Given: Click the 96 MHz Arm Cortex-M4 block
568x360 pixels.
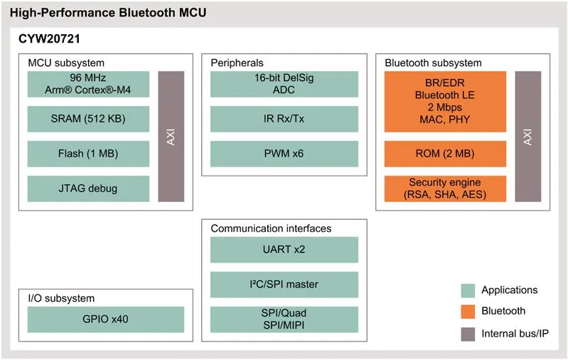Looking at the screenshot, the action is (x=88, y=84).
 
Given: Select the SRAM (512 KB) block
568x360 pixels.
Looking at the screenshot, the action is (x=88, y=119).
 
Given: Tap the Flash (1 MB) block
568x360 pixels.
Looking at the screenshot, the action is (x=88, y=154).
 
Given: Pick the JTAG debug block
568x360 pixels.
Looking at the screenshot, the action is (x=88, y=189).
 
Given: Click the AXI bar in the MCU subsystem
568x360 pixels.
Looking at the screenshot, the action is (x=171, y=137).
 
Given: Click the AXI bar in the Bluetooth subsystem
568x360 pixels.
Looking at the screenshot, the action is (x=527, y=137).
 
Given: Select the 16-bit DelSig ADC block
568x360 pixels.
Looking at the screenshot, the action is (x=284, y=84).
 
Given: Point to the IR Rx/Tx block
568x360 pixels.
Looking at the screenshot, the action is (x=284, y=119).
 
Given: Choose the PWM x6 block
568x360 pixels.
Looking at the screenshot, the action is (x=284, y=154).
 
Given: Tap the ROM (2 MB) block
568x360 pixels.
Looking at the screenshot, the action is (x=445, y=154).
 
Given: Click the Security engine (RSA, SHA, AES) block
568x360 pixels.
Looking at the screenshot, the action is (x=445, y=189).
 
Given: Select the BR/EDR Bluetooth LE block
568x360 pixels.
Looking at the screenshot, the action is (x=445, y=102).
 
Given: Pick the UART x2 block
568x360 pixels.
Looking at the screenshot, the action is (x=284, y=250).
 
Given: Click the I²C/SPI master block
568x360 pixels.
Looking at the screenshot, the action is (x=284, y=285).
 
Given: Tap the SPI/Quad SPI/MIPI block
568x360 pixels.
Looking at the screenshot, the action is (x=284, y=319).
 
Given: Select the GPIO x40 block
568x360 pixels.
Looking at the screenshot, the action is (x=106, y=319).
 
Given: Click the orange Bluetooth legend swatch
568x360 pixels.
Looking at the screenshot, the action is (x=468, y=312).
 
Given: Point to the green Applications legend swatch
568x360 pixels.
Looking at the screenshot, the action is (x=468, y=291).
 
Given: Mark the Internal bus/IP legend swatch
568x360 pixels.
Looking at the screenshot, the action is (x=468, y=334).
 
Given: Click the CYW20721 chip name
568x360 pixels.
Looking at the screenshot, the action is (x=49, y=39).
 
